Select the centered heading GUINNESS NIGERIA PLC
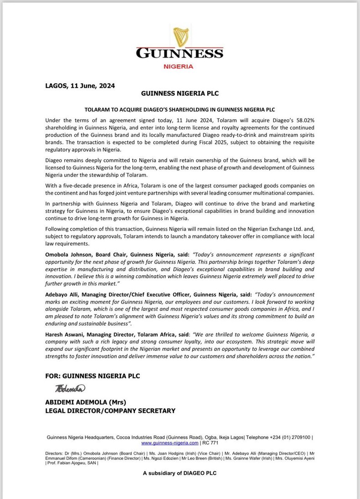click(180, 93)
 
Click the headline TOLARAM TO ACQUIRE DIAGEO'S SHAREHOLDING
click(180, 110)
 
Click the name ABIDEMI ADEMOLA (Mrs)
click(85, 402)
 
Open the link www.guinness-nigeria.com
click(170, 442)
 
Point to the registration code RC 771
click(211, 442)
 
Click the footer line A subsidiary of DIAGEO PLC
click(180, 473)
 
